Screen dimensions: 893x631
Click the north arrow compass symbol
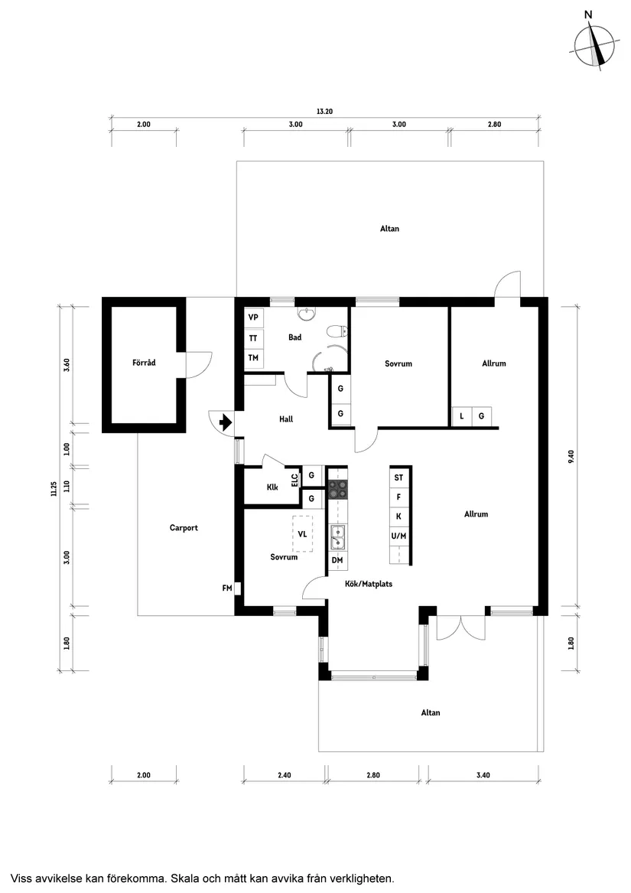(x=596, y=45)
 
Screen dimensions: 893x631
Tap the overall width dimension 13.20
(x=324, y=112)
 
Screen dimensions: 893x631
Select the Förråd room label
(x=144, y=363)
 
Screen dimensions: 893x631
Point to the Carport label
(x=184, y=527)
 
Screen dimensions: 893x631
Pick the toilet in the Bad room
(x=336, y=331)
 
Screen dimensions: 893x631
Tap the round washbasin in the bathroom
(x=307, y=314)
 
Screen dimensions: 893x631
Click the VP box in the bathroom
(x=253, y=318)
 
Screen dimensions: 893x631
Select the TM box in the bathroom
(x=253, y=358)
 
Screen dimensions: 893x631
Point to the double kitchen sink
(x=337, y=537)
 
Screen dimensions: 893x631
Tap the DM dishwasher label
(x=337, y=561)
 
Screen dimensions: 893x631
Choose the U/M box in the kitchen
(x=398, y=536)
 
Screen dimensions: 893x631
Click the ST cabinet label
(x=398, y=477)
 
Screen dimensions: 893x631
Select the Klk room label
(x=272, y=487)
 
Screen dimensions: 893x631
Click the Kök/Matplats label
(x=363, y=584)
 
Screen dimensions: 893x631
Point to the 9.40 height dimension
(x=571, y=458)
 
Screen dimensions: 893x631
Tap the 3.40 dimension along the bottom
(x=483, y=775)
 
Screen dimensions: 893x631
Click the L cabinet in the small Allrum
(x=462, y=416)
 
